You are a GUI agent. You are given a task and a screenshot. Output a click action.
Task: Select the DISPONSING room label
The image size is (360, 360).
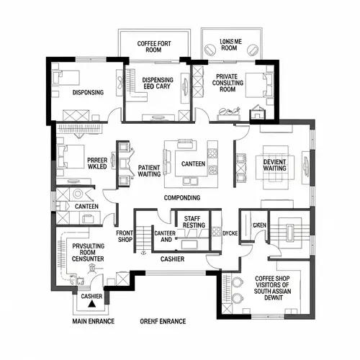point(88,93)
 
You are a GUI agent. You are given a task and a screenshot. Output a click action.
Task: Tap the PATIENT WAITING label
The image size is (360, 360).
point(149,171)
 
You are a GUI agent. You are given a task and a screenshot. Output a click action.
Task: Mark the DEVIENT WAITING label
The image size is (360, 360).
point(275,163)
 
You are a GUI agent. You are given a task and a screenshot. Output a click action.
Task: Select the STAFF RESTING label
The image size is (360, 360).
point(192,221)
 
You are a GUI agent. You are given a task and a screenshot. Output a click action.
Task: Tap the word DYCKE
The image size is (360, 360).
point(230,233)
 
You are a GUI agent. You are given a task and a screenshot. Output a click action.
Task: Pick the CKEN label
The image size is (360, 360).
point(259,225)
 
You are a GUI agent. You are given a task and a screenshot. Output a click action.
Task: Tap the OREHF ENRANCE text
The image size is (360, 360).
point(163,320)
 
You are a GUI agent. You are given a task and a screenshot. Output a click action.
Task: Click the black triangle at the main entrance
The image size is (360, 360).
point(91,305)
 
